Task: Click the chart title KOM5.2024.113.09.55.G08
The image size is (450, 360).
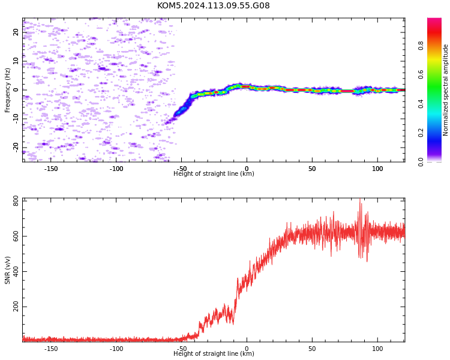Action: click(213, 5)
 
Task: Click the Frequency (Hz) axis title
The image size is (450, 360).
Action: click(7, 90)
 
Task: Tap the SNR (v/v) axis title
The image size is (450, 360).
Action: click(7, 270)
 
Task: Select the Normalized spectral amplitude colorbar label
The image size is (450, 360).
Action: click(445, 90)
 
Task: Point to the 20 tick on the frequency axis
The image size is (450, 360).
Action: click(16, 32)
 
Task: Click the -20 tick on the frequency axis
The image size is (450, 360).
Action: click(16, 148)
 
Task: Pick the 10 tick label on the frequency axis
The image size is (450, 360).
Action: click(16, 61)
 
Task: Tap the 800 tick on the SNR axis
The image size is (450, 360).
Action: click(16, 201)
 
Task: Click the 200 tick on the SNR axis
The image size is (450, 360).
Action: click(16, 307)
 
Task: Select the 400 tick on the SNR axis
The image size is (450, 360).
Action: click(16, 271)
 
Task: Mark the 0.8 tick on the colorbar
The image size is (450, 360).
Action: click(421, 46)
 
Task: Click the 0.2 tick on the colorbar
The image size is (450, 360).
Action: click(421, 133)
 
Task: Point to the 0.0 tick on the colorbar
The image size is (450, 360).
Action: click(421, 162)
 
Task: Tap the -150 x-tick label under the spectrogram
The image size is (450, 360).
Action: click(51, 169)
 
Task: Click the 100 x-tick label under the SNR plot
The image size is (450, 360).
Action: click(377, 349)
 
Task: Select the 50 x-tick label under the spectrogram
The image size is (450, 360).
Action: click(312, 169)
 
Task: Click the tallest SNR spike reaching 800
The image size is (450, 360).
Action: click(360, 200)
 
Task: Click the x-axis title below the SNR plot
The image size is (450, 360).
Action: click(214, 353)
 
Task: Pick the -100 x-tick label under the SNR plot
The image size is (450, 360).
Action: click(116, 349)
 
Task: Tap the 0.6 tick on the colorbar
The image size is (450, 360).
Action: click(421, 74)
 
